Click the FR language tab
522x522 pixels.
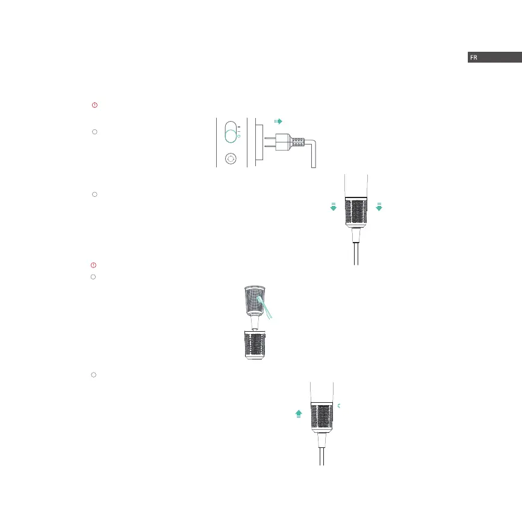[494, 57]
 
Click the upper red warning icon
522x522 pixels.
[95, 105]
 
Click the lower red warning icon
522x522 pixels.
[93, 265]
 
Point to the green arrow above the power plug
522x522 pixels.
[278, 121]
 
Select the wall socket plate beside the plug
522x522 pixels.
[258, 143]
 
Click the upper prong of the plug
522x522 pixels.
[275, 137]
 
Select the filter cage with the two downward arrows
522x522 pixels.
[356, 211]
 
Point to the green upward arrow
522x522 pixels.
[299, 413]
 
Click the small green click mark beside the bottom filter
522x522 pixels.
[340, 406]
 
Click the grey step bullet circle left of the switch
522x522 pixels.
[95, 131]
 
